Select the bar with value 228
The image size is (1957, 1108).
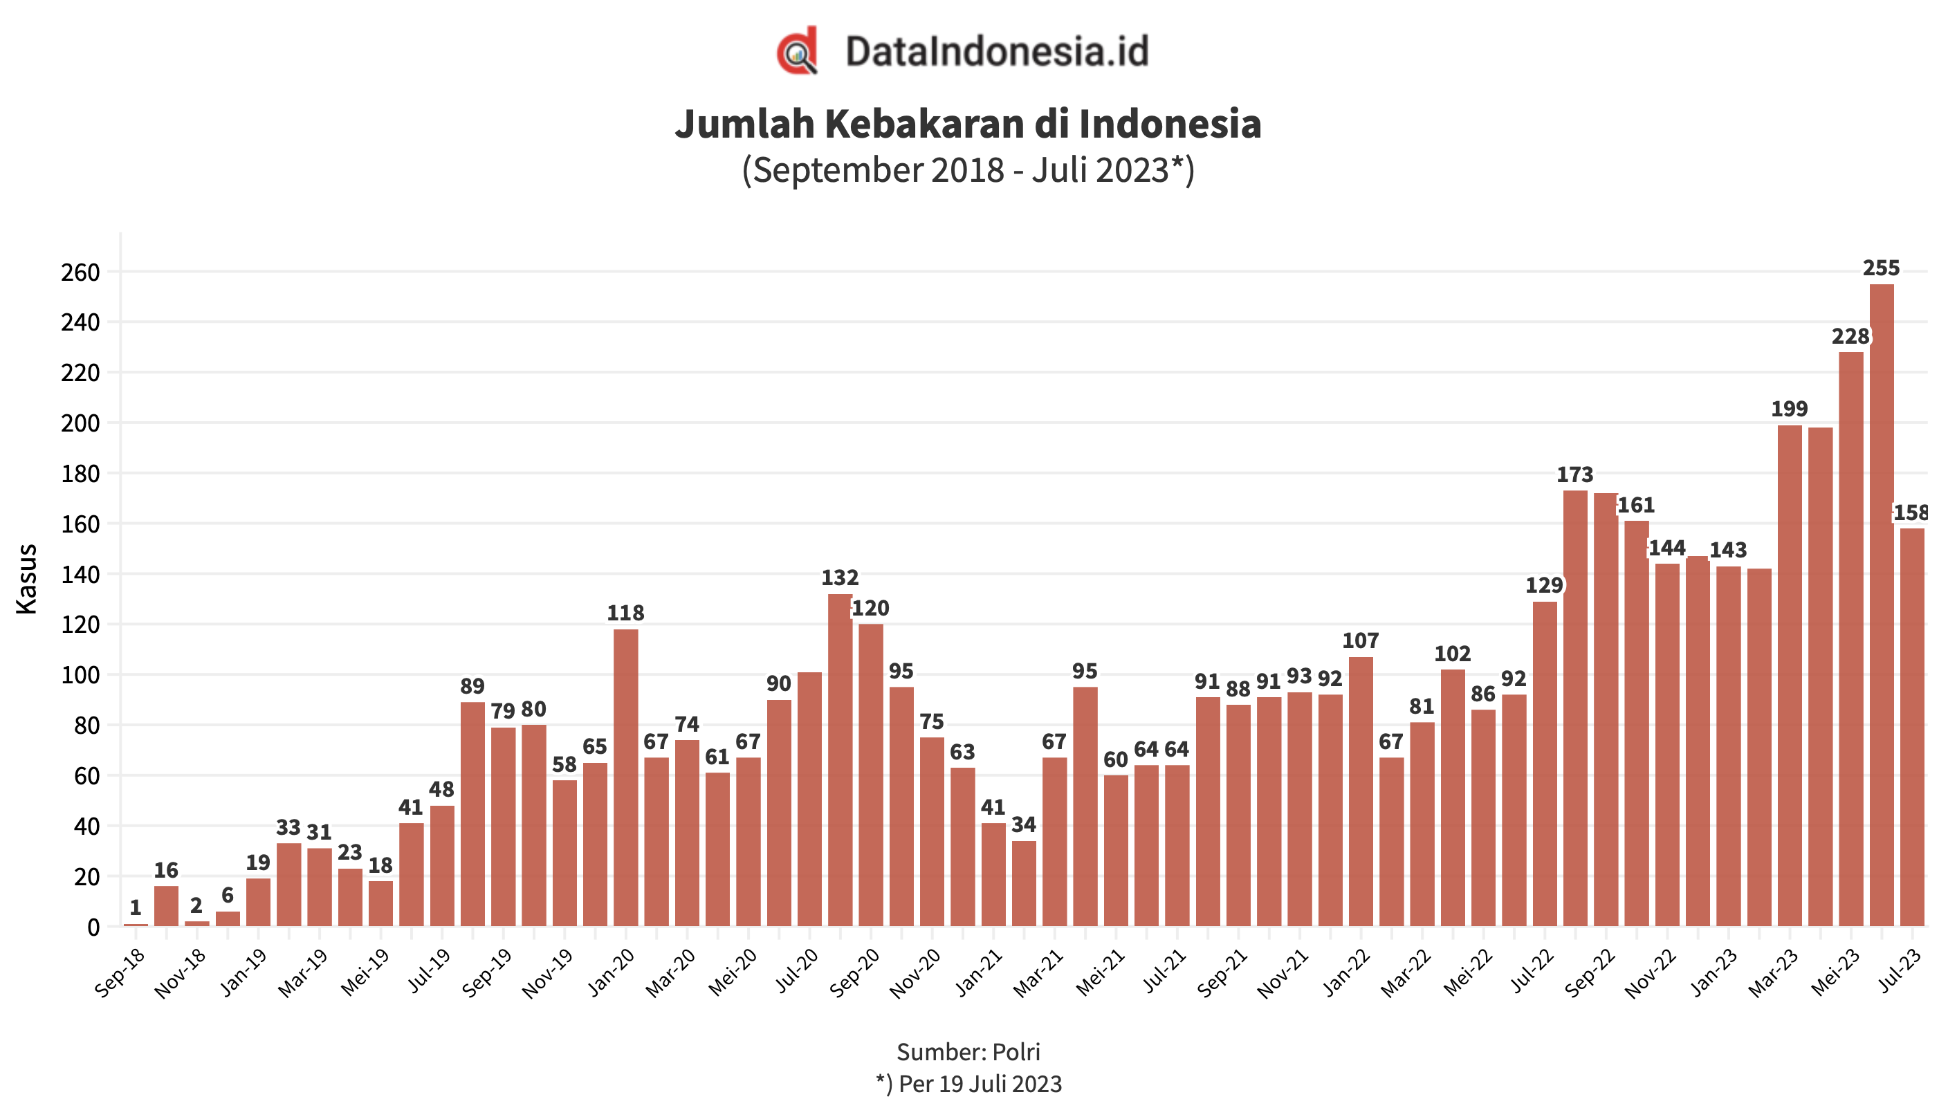pyautogui.click(x=1850, y=639)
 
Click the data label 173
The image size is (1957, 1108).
pyautogui.click(x=1574, y=475)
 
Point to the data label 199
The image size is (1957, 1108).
pyautogui.click(x=1789, y=409)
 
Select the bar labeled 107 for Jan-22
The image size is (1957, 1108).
pyautogui.click(x=1361, y=791)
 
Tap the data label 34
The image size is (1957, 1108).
pyautogui.click(x=1023, y=824)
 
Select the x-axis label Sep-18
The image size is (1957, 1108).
pyautogui.click(x=120, y=973)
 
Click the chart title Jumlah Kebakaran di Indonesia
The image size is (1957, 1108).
pyautogui.click(x=968, y=124)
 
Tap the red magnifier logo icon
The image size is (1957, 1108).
pyautogui.click(x=797, y=51)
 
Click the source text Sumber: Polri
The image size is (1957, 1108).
pyautogui.click(x=968, y=1052)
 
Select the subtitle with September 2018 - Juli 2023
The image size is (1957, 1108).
pyautogui.click(x=968, y=169)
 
